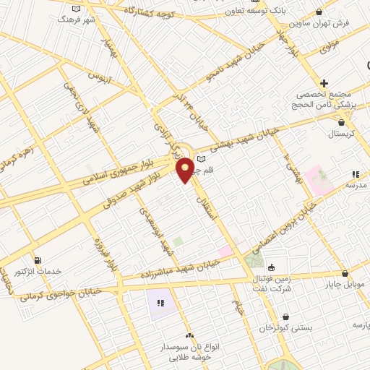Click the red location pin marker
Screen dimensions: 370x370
pos(186,171)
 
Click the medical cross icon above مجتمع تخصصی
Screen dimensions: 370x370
pos(324,84)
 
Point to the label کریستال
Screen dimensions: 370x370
pos(340,134)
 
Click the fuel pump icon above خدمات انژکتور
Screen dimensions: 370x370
pos(38,260)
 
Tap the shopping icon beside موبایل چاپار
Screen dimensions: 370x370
pos(345,274)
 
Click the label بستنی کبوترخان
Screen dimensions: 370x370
pos(288,327)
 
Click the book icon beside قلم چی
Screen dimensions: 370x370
pos(202,159)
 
